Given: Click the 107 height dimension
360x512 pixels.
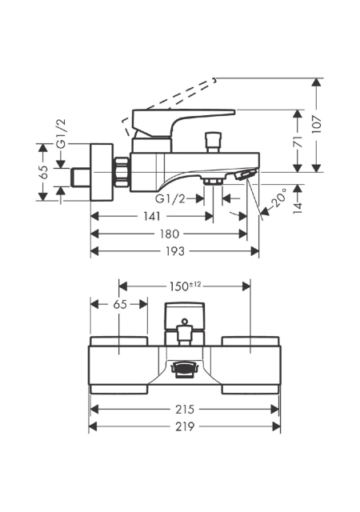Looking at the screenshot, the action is click(317, 125).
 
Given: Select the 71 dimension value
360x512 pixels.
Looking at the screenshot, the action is click(298, 142).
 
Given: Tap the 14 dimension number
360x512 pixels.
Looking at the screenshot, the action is click(298, 208).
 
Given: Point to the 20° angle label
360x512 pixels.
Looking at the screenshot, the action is click(278, 198).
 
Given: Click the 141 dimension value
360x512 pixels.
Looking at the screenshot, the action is click(152, 216).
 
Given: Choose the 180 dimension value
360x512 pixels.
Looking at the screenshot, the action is click(170, 234).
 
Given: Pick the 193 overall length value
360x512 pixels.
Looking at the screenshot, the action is click(175, 251).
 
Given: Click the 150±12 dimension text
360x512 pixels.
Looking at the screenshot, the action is click(185, 286).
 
